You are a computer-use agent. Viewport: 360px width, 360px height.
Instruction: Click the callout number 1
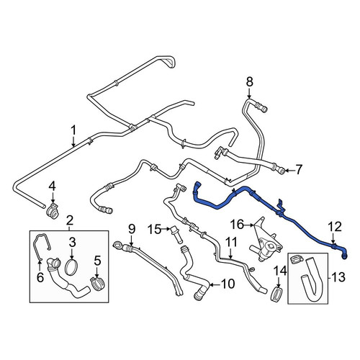(x=73, y=130)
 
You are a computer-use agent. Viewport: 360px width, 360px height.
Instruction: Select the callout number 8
(x=250, y=82)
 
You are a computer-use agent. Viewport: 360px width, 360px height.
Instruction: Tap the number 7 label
(x=299, y=170)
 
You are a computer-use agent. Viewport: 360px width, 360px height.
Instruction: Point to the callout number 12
(x=336, y=227)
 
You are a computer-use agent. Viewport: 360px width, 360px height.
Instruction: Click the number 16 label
(x=238, y=225)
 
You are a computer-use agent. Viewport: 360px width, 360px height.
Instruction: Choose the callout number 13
(x=338, y=277)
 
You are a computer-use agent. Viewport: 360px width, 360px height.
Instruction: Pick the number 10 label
(x=228, y=284)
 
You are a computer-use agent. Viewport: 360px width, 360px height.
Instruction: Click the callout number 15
(x=154, y=229)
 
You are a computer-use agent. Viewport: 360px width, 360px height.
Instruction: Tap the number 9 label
(x=132, y=229)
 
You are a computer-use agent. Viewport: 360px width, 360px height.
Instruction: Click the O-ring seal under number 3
(x=72, y=266)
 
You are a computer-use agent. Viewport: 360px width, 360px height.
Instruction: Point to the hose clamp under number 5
(x=98, y=283)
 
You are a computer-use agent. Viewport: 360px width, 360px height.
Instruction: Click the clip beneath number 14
(x=276, y=294)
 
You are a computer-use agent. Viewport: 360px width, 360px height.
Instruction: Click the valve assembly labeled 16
(x=266, y=240)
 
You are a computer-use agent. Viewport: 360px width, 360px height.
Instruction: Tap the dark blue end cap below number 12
(x=345, y=256)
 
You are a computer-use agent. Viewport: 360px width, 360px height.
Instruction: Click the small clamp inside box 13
(x=297, y=259)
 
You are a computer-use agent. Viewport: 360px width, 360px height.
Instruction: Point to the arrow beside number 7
(x=289, y=171)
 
